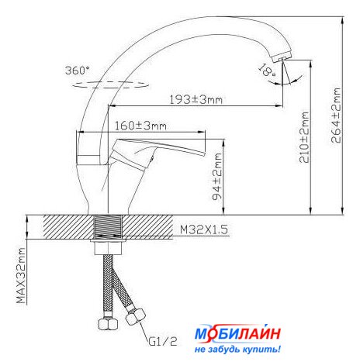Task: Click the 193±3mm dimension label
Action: (196, 100)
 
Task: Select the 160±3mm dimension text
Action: (140, 126)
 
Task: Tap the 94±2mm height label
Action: (217, 177)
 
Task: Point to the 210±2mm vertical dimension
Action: (304, 137)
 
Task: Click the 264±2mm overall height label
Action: (336, 115)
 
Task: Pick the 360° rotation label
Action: (78, 71)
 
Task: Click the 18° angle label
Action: (267, 70)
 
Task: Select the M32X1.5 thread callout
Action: (204, 229)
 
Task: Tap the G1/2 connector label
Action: (163, 341)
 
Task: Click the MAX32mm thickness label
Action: (21, 276)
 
